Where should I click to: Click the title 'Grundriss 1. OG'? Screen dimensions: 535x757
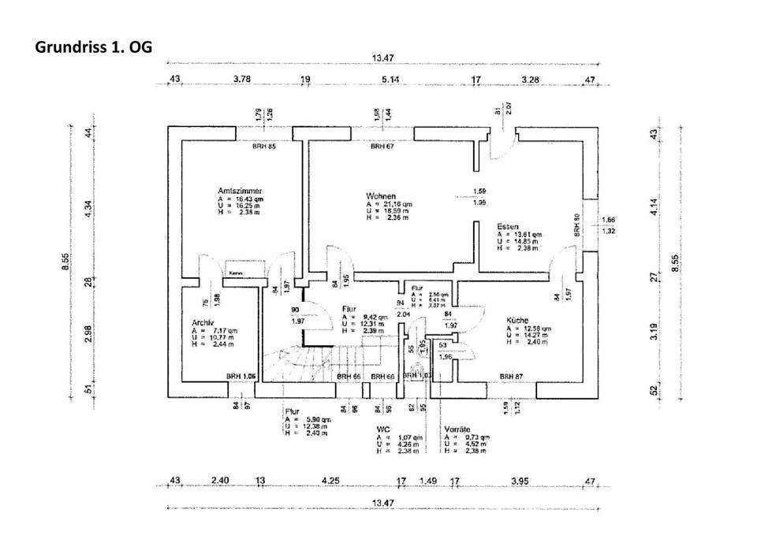93,46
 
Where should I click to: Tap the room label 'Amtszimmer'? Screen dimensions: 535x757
241,191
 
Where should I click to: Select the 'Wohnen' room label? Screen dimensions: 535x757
380,195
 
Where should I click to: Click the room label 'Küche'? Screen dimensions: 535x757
516,321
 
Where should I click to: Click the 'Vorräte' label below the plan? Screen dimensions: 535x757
457,428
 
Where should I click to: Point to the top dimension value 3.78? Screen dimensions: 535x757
242,80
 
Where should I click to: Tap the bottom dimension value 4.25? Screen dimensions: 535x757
330,480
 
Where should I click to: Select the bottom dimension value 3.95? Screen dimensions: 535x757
519,480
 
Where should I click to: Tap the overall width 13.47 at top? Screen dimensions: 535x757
383,58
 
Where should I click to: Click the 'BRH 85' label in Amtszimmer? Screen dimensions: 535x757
263,147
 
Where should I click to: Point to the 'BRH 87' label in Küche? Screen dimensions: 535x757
511,377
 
